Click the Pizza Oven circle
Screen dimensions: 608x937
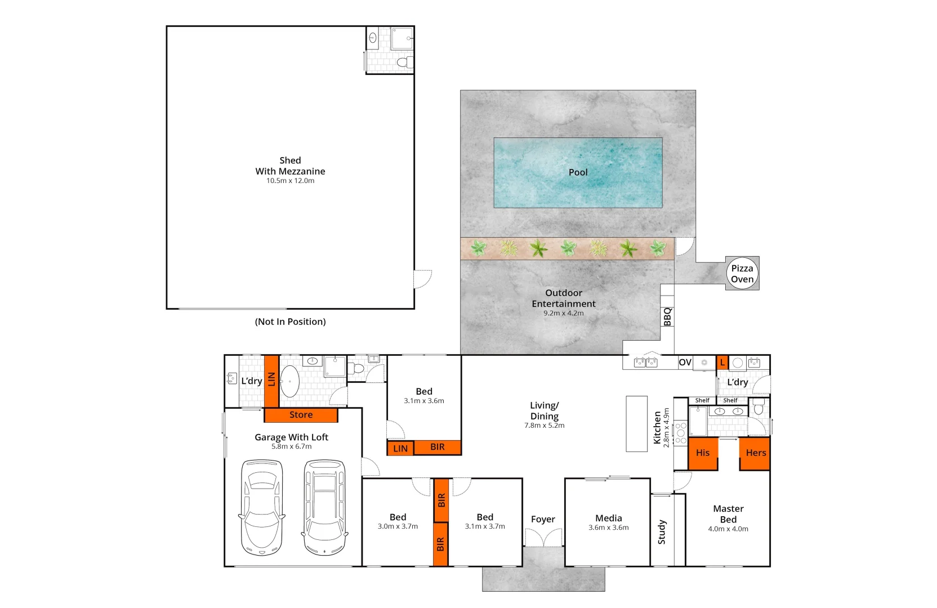[x=742, y=274]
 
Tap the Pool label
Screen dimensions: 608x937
[x=578, y=172]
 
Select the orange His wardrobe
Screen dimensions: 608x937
[x=702, y=454]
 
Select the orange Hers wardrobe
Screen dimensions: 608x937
[x=755, y=454]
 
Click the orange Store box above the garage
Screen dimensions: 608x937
[x=301, y=415]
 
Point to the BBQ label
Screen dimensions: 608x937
[x=667, y=316]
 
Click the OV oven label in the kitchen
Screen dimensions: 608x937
[x=685, y=363]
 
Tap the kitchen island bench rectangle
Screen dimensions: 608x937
[x=636, y=423]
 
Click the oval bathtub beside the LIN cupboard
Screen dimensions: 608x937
[x=290, y=381]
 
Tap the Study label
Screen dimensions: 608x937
[x=662, y=531]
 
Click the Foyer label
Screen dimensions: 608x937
[x=543, y=519]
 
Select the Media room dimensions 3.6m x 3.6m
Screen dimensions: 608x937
[x=608, y=527]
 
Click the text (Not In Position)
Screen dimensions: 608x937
[x=290, y=321]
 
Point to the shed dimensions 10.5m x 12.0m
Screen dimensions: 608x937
[x=290, y=181]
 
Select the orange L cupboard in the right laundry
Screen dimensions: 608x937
[x=722, y=363]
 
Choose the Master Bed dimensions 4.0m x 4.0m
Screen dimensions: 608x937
[x=728, y=529]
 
